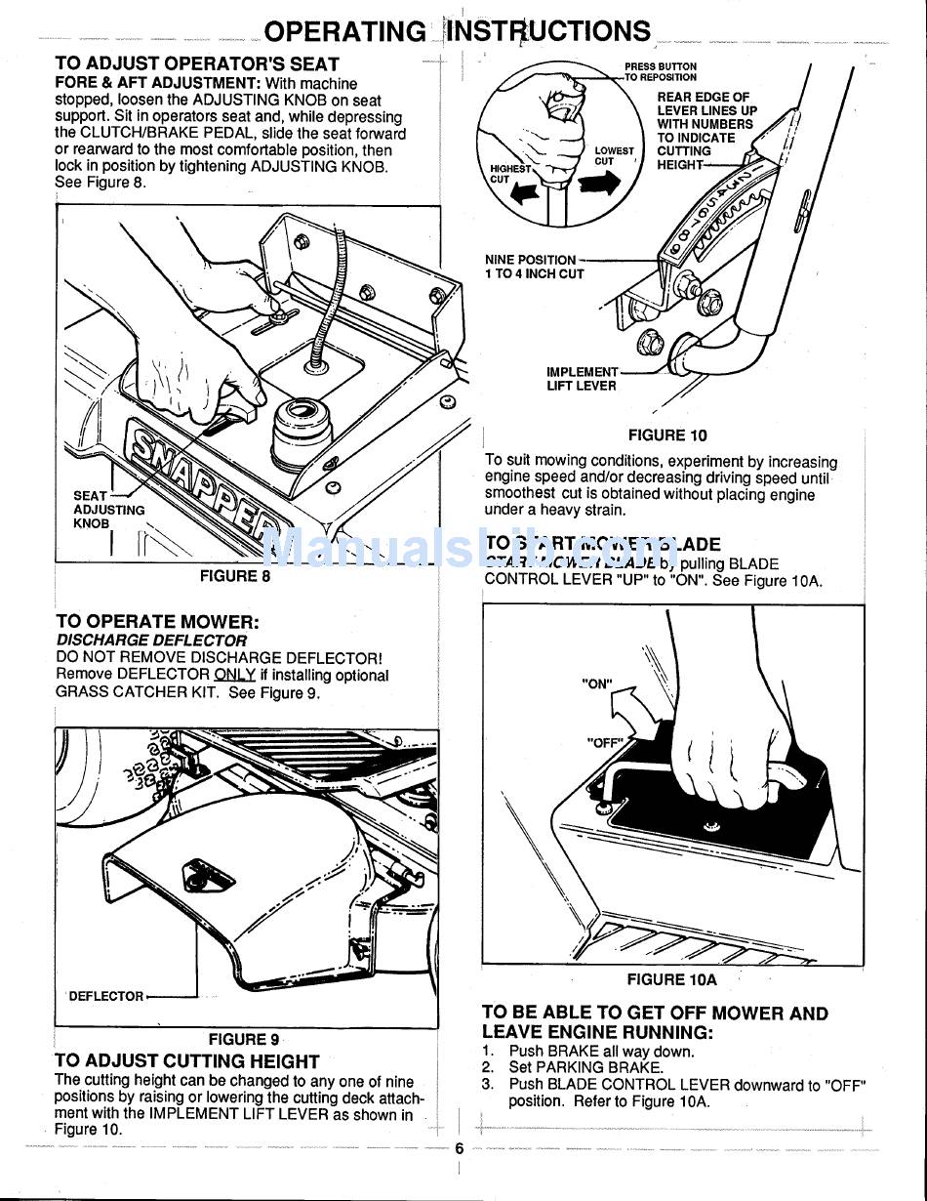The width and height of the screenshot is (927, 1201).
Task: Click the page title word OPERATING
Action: [344, 32]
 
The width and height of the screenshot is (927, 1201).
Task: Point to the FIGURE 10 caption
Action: [667, 435]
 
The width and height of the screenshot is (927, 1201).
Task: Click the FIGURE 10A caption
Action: [671, 979]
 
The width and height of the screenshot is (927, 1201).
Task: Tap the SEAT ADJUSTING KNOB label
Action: [108, 510]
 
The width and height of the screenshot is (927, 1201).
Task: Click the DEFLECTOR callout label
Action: [105, 997]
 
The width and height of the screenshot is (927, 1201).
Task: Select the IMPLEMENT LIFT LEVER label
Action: [582, 379]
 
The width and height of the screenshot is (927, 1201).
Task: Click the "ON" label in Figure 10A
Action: [596, 684]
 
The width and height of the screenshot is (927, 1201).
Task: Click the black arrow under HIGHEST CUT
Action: [525, 193]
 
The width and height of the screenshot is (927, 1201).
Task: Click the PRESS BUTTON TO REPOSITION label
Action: [661, 72]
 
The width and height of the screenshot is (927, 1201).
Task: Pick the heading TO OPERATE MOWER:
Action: [157, 622]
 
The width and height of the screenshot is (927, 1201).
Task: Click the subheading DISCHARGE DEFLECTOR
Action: [151, 641]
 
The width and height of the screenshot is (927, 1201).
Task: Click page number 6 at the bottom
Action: [460, 1149]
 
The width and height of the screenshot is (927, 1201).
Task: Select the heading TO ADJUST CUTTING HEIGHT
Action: [187, 1061]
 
